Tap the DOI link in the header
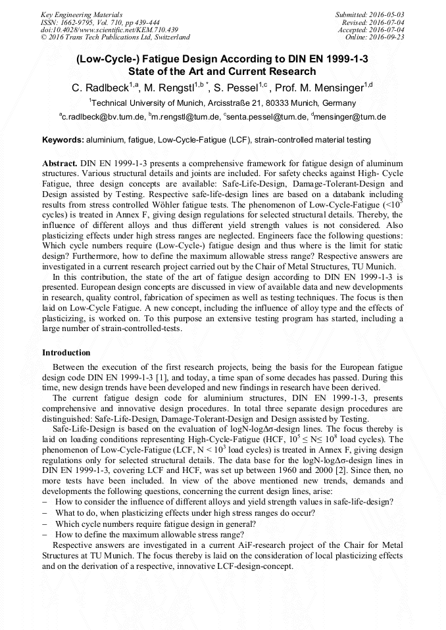109,30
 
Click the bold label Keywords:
63,140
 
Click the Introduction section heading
66,353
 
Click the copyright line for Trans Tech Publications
115,37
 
